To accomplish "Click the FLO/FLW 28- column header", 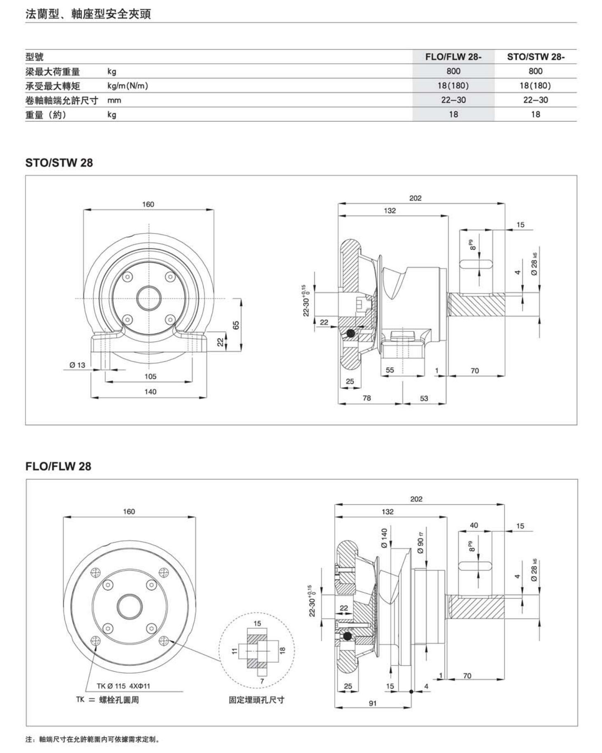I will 453,57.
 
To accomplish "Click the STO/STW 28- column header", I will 536,57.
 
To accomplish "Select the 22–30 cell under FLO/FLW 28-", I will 453,100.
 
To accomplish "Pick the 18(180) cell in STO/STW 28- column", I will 535,85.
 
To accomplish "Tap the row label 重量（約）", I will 46,114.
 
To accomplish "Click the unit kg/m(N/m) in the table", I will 127,86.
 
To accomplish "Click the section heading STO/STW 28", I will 59,163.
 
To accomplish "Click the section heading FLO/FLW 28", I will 58,466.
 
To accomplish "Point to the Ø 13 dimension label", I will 77,365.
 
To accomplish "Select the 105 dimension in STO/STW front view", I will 150,376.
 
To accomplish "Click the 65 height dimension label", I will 236,325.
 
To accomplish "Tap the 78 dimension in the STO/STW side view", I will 367,398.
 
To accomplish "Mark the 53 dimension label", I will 424,398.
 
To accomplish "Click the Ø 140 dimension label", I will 384,538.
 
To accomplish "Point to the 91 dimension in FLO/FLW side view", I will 373,703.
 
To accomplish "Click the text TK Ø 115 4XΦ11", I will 123,686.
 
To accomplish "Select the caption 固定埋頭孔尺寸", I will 256,700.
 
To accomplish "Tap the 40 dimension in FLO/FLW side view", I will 474,525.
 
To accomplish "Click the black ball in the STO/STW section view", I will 350,333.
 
